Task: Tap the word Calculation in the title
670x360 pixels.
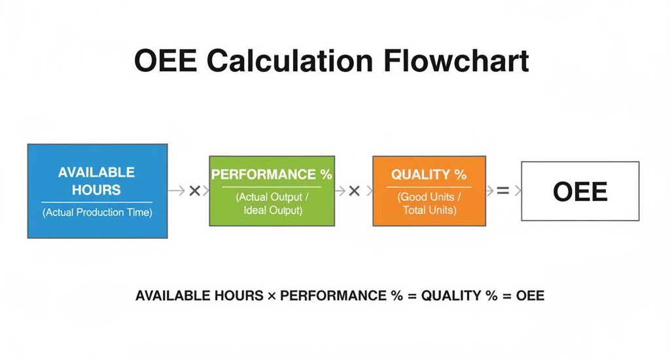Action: (x=291, y=61)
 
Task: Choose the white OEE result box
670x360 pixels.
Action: (x=580, y=191)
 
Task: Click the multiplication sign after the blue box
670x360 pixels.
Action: (x=194, y=190)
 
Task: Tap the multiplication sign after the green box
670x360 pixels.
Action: (x=354, y=190)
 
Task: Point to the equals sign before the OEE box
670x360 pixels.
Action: (x=502, y=190)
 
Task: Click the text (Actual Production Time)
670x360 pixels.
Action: (x=97, y=213)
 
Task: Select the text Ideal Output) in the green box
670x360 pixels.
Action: (x=273, y=210)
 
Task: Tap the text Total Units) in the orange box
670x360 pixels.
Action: (x=429, y=210)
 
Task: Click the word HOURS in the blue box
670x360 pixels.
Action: (x=96, y=190)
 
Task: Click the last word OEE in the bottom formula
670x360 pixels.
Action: (x=530, y=296)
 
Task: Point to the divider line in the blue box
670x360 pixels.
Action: (x=97, y=202)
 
